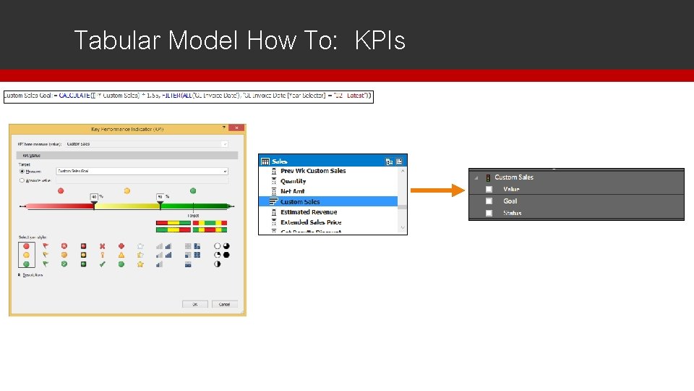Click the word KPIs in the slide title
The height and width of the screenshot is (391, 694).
[380, 41]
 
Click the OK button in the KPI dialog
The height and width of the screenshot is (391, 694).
[194, 305]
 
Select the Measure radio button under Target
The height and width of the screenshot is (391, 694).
[22, 172]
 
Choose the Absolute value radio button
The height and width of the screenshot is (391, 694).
[22, 180]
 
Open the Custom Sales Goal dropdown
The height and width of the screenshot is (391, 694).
[225, 172]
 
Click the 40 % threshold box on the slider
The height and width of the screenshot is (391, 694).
[94, 197]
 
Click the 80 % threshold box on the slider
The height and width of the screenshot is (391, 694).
[160, 197]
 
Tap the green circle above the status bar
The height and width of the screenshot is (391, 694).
[193, 190]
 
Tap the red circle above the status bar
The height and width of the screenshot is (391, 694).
[61, 190]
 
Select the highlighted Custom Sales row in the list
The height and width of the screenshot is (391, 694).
[300, 202]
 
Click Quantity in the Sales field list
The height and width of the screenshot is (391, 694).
[293, 181]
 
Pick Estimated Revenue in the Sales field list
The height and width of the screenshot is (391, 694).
[309, 212]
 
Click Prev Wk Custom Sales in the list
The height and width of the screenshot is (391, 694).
[313, 171]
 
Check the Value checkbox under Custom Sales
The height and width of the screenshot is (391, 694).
[489, 189]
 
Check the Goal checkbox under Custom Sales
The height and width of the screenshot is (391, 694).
[489, 201]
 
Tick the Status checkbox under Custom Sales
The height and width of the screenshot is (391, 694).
[489, 213]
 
